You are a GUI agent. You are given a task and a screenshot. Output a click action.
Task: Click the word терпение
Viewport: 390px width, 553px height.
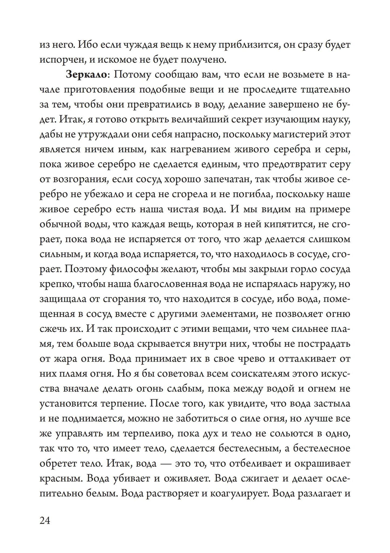121,403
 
